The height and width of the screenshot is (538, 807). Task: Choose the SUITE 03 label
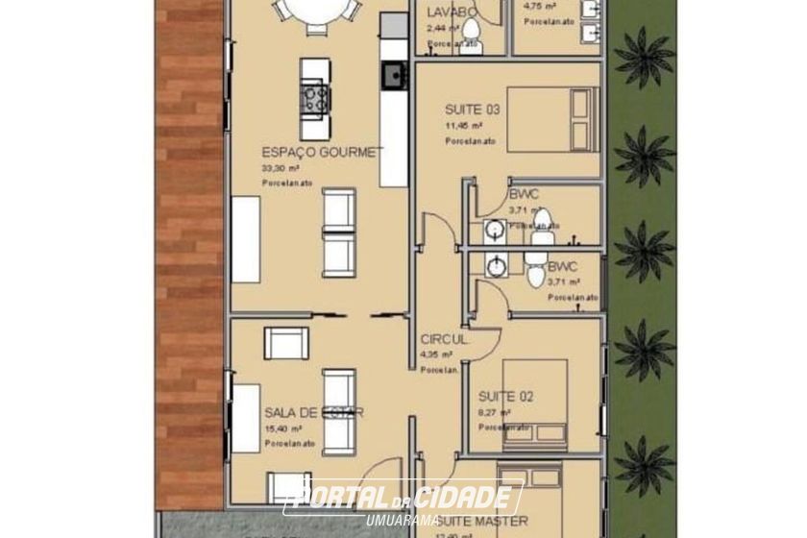click(x=472, y=110)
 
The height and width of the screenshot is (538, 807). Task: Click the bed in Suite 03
click(x=552, y=118)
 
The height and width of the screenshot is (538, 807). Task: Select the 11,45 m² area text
click(x=463, y=125)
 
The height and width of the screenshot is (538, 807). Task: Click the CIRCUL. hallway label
click(x=445, y=340)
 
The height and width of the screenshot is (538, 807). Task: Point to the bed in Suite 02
click(x=534, y=403)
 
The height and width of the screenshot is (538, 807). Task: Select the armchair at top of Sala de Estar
click(x=286, y=343)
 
